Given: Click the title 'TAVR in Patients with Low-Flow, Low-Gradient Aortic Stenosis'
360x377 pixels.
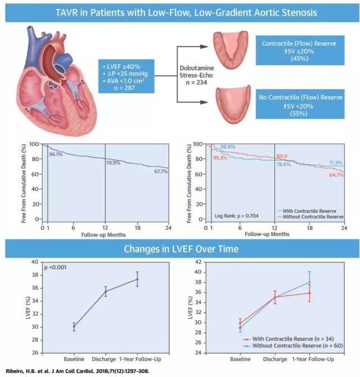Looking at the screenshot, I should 179,12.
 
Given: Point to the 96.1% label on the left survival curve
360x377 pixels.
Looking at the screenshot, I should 55,154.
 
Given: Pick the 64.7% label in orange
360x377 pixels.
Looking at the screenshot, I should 336,175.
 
